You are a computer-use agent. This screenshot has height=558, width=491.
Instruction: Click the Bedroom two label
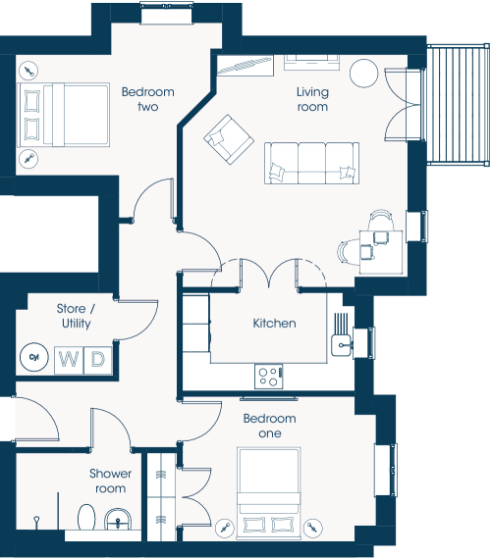click(148, 99)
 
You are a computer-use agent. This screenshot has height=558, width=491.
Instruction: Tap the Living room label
click(312, 99)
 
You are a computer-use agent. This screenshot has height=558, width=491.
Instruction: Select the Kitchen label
click(274, 323)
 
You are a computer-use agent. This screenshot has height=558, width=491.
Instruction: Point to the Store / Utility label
click(76, 316)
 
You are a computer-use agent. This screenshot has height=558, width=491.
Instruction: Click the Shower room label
click(110, 481)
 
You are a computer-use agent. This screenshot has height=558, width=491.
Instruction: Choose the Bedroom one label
click(270, 426)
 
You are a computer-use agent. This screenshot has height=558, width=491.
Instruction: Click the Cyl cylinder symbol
click(33, 357)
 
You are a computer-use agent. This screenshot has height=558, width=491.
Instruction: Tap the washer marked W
click(69, 360)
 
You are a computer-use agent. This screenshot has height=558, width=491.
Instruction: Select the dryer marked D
click(97, 360)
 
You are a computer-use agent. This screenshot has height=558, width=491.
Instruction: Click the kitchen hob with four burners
click(269, 377)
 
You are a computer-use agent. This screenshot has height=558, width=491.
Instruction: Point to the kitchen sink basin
click(342, 345)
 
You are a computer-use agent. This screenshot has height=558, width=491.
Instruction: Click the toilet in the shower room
click(86, 517)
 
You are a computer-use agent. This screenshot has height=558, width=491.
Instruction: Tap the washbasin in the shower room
click(118, 520)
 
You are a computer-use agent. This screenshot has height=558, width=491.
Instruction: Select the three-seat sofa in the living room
click(311, 163)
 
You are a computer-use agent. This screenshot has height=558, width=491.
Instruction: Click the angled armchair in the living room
click(229, 139)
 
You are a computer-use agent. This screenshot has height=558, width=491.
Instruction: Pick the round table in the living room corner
click(363, 73)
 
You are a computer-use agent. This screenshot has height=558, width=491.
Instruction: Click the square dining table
click(381, 252)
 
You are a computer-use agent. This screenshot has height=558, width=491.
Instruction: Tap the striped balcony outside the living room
click(458, 105)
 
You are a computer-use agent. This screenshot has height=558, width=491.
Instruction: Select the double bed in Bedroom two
click(64, 115)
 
